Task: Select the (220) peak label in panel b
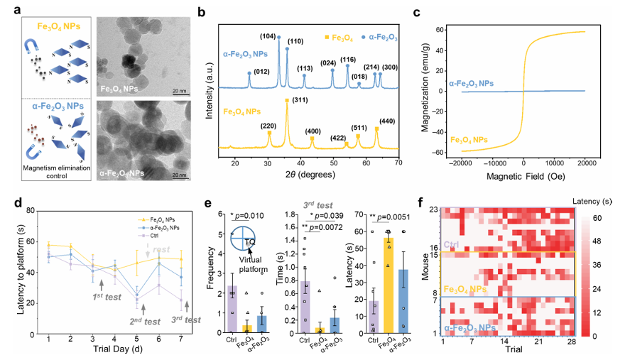tap(268, 126)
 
